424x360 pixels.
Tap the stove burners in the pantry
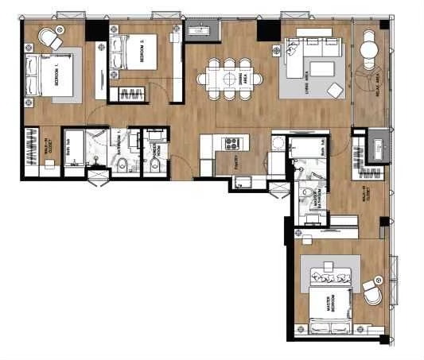point(234,144)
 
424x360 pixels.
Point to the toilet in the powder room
point(154,165)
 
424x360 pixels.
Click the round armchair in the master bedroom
point(374,296)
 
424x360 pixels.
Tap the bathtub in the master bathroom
point(307,147)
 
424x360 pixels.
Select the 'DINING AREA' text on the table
point(236,79)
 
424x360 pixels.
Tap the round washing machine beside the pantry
point(278,144)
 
